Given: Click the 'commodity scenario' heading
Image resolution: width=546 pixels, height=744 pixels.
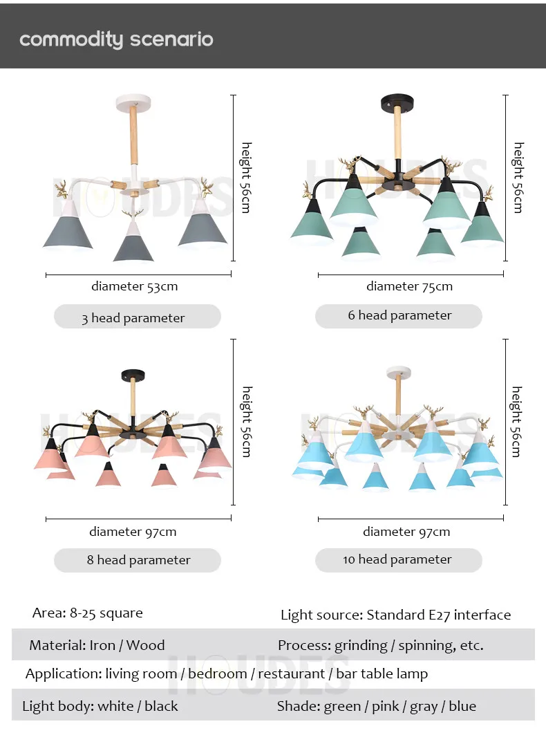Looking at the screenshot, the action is [x=116, y=39].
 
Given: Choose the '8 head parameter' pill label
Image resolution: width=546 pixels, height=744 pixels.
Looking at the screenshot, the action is [x=138, y=560].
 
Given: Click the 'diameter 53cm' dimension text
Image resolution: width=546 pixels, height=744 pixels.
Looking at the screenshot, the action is [x=135, y=286].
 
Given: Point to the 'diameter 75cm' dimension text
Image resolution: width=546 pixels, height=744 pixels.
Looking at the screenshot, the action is [x=409, y=286].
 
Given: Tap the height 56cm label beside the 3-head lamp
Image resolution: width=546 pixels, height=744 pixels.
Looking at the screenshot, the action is [x=246, y=178].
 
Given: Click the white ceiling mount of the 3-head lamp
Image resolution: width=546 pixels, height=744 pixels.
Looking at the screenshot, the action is [x=134, y=102].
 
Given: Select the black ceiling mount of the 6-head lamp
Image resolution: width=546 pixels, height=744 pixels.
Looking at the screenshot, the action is [x=397, y=100].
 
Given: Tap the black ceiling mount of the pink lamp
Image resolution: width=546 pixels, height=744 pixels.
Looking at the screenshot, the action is [x=133, y=375].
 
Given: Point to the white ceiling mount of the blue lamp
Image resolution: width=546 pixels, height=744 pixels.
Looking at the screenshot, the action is [x=399, y=373].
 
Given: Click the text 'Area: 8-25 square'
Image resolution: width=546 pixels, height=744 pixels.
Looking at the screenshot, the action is [x=87, y=613].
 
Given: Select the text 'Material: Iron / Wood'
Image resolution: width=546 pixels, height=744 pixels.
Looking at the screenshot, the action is [x=97, y=645].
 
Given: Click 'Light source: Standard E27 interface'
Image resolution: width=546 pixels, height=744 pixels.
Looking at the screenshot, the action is [x=395, y=615].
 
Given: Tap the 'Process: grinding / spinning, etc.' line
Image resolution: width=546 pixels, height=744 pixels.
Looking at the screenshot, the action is [x=380, y=645].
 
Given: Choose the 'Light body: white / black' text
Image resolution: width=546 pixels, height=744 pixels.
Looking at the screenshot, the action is [x=100, y=706].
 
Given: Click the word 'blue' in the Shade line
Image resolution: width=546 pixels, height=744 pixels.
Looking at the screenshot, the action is [x=462, y=706].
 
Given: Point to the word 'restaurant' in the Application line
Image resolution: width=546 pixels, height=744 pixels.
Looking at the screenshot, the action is [x=291, y=673].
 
